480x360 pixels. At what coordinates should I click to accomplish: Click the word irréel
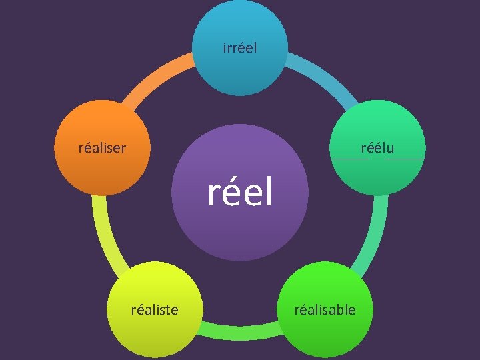[x=240, y=48]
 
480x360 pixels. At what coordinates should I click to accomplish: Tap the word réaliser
[x=102, y=147]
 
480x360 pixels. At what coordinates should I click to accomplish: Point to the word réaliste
[x=155, y=309]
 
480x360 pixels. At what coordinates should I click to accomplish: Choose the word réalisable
[x=325, y=309]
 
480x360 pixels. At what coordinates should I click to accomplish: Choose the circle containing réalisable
[x=326, y=333]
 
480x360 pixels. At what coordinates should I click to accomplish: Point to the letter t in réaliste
[x=169, y=309]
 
